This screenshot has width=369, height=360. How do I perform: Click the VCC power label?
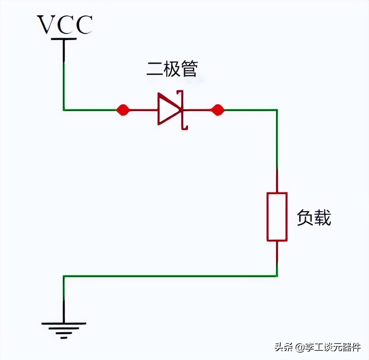click(x=65, y=25)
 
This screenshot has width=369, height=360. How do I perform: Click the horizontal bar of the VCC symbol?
click(x=64, y=39)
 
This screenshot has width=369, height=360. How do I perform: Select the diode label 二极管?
click(x=172, y=69)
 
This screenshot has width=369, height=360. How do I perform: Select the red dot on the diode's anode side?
click(x=122, y=110)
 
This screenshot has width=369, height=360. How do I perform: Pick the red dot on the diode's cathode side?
click(x=218, y=110)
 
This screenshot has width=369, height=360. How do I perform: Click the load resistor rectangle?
click(x=277, y=217)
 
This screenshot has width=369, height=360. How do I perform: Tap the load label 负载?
click(x=314, y=218)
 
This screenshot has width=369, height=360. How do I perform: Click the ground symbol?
click(x=64, y=329)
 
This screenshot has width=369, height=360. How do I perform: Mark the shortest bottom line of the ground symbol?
click(x=64, y=337)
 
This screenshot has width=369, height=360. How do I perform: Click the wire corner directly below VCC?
click(x=64, y=110)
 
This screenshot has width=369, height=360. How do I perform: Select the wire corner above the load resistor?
click(x=277, y=110)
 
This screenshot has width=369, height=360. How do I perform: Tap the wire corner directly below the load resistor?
click(x=277, y=276)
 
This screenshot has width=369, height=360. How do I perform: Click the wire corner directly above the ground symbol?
click(x=64, y=276)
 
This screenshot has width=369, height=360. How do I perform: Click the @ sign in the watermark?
click(x=300, y=347)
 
